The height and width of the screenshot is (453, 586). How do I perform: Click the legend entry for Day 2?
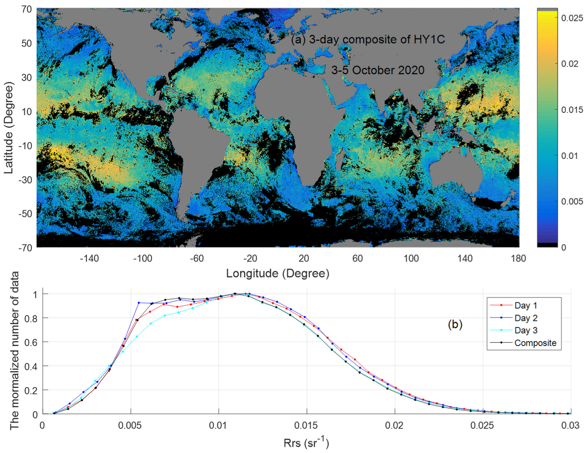tap(526, 318)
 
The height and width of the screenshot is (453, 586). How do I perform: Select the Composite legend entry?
tap(535, 343)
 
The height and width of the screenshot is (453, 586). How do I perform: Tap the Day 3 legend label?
tap(526, 330)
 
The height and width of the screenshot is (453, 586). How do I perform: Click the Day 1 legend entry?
tap(526, 306)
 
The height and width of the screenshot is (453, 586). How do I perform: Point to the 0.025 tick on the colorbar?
tap(572, 18)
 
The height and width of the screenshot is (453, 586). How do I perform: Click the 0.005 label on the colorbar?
tap(572, 201)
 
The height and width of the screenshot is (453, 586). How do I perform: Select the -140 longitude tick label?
tap(89, 258)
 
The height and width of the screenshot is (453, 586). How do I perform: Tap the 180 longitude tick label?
tap(518, 258)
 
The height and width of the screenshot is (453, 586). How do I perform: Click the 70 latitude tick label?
tap(27, 9)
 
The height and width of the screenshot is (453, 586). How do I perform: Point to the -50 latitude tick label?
tap(25, 214)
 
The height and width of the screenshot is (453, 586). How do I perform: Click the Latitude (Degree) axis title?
tap(9, 128)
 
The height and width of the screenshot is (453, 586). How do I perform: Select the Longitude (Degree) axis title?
tap(278, 274)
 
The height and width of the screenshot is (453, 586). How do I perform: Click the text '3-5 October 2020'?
tap(377, 70)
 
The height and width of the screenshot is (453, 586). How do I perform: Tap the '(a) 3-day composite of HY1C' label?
tap(368, 39)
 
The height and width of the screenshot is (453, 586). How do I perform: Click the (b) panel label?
tap(455, 325)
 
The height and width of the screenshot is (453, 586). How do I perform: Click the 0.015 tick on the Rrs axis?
tap(306, 425)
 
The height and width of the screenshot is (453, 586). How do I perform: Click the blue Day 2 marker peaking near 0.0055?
tap(139, 303)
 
